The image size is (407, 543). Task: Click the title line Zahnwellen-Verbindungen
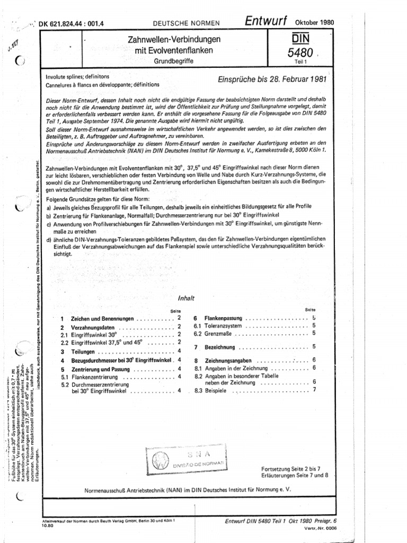coord(168,40)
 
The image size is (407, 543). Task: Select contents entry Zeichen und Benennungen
coord(103,319)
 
